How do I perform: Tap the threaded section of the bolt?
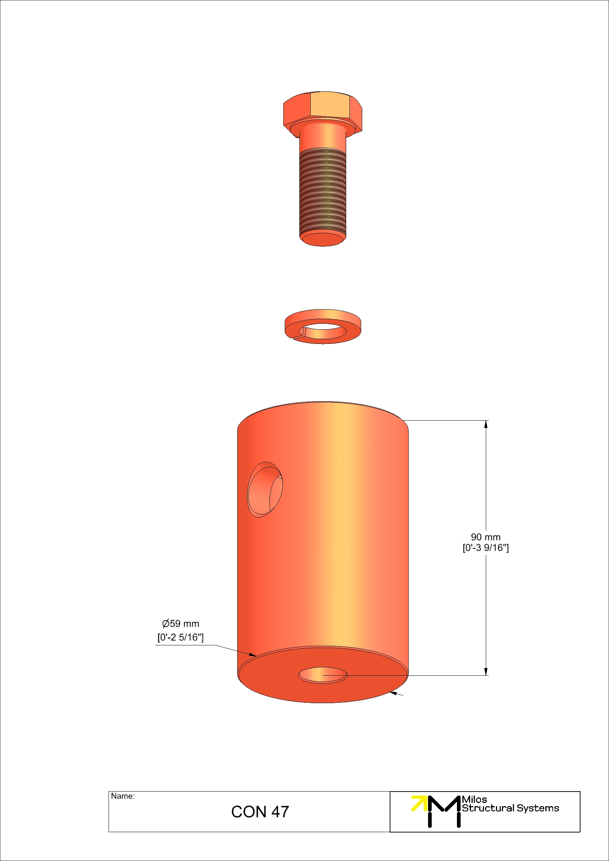click(322, 191)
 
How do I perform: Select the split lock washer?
click(322, 327)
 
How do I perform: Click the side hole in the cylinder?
click(265, 489)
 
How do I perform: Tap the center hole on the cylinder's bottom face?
click(322, 675)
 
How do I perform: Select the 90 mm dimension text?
click(485, 537)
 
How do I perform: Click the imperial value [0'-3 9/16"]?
click(485, 548)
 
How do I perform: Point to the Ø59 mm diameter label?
click(180, 623)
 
